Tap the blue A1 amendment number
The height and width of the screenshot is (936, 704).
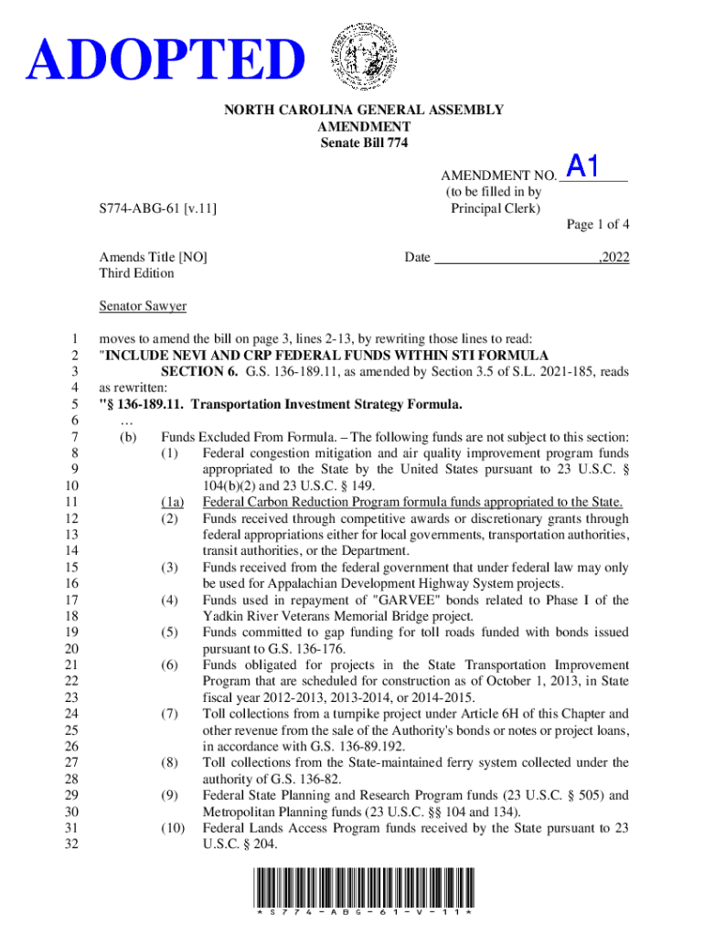pyautogui.click(x=583, y=166)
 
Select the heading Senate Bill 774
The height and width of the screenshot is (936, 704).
pyautogui.click(x=364, y=144)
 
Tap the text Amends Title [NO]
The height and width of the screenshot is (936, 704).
pyautogui.click(x=153, y=258)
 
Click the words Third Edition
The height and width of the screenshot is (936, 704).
pyautogui.click(x=137, y=273)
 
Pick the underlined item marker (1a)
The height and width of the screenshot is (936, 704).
pyautogui.click(x=172, y=502)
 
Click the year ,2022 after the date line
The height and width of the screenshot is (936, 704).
pyautogui.click(x=613, y=258)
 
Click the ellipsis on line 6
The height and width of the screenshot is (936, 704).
pyautogui.click(x=126, y=420)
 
